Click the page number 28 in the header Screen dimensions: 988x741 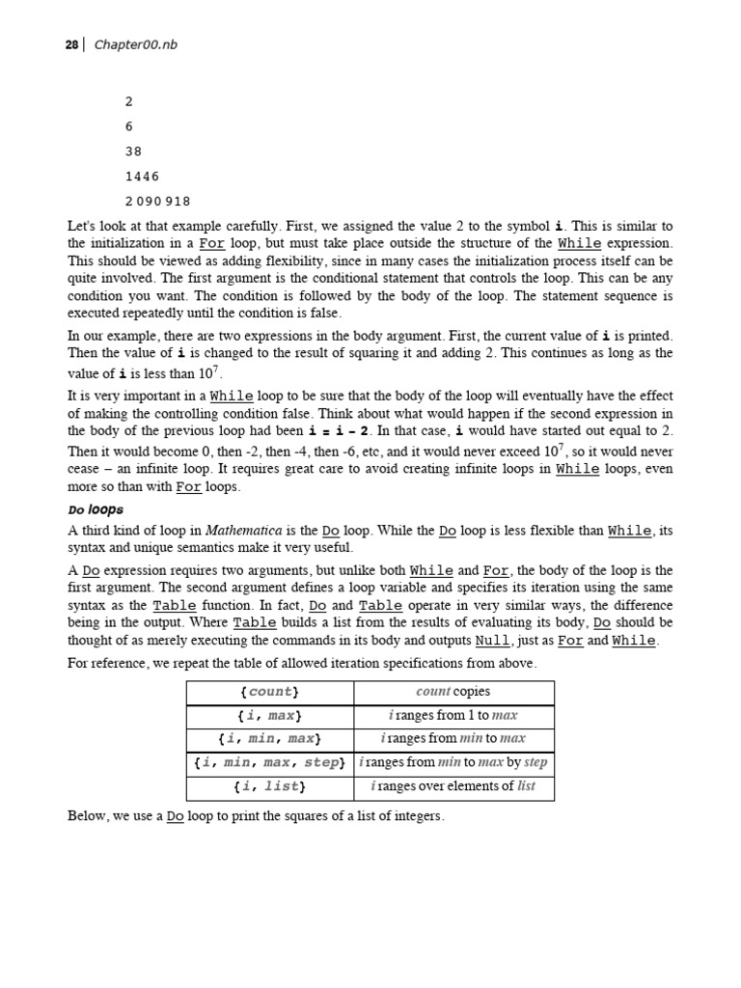coord(71,45)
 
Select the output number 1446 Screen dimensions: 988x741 coord(143,177)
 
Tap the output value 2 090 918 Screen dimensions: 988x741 coord(158,202)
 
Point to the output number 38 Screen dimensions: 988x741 coord(134,151)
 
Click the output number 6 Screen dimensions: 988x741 coord(129,126)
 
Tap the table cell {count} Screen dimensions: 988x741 coord(269,692)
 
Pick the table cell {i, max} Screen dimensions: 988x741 coord(269,716)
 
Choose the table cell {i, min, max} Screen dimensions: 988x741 coord(269,739)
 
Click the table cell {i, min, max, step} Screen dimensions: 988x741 coord(269,762)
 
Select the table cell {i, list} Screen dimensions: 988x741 coord(269,786)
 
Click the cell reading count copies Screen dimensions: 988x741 coord(453,692)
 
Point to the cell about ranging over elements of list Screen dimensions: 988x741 coord(453,786)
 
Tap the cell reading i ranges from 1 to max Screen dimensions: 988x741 coord(453,716)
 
